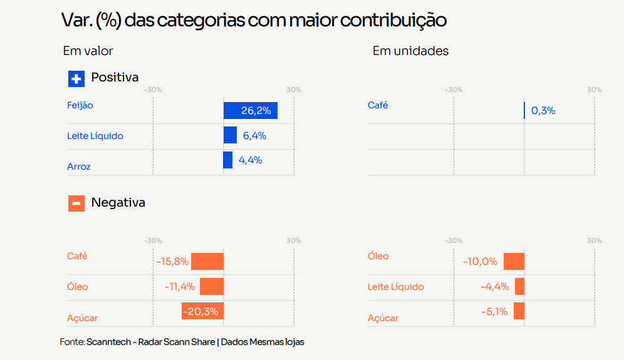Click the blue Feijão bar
[x=251, y=111]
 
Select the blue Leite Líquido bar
[x=230, y=135]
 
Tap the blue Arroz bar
[x=228, y=160]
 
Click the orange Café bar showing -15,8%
[x=207, y=261]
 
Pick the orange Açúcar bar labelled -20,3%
[x=202, y=311]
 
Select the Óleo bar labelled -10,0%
[x=514, y=261]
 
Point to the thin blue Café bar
[x=524, y=111]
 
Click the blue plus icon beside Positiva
[x=76, y=79]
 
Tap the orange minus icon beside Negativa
[x=76, y=203]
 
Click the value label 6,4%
[x=255, y=136]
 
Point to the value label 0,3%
[x=543, y=111]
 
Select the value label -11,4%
[x=180, y=286]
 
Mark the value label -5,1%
[x=494, y=311]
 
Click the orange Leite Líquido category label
[x=395, y=286]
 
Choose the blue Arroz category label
[x=79, y=167]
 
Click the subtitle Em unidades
[x=410, y=51]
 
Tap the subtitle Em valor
[x=88, y=51]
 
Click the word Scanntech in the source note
[x=108, y=342]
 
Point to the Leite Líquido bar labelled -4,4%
[x=519, y=286]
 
